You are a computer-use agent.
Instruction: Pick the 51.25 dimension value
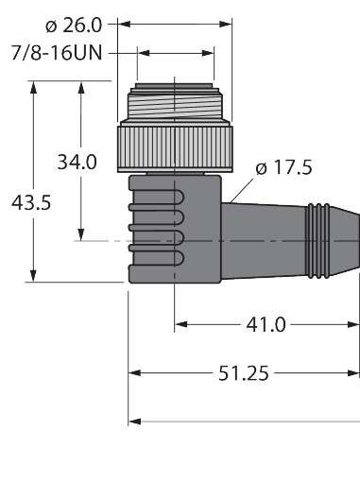click(240, 372)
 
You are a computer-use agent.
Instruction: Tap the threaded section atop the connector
click(176, 103)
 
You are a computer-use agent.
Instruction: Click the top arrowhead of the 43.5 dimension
click(34, 88)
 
